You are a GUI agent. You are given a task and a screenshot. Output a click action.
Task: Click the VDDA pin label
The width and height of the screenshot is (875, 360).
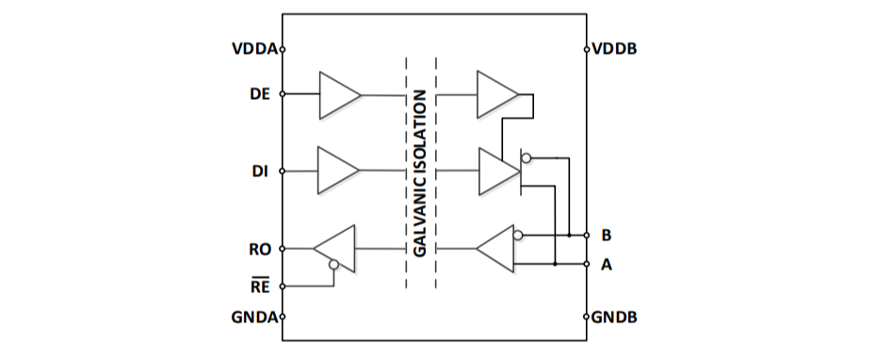coord(254,49)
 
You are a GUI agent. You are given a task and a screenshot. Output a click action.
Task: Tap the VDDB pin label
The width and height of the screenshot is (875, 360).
coord(614,49)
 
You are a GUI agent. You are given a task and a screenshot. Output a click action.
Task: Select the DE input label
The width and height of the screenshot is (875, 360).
coord(260,94)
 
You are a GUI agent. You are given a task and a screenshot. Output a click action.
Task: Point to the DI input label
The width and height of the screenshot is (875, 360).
coord(260,172)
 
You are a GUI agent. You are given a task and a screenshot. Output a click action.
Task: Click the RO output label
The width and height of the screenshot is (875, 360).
coord(260,250)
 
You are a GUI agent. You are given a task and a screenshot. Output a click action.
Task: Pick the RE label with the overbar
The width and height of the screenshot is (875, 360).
coord(260,286)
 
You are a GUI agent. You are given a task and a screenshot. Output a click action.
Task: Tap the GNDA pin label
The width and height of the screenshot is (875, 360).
coord(254,317)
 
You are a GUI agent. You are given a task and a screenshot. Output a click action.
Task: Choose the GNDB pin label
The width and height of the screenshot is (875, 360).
coord(614,317)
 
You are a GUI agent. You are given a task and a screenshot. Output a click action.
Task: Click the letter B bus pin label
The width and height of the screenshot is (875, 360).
coord(606,236)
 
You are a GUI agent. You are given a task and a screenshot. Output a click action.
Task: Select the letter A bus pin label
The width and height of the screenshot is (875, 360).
coord(607,265)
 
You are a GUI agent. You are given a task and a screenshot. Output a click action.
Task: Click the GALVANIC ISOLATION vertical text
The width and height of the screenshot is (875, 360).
coord(420,173)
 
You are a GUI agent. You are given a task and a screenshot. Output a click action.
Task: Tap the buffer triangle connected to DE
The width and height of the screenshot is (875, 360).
coord(340,95)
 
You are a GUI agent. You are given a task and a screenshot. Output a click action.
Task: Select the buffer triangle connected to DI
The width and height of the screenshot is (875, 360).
coord(339,171)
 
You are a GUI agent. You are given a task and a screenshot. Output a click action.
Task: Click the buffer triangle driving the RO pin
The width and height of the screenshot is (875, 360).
coord(334,249)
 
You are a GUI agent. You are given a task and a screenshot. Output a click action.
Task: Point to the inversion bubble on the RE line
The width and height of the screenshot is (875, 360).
coord(333,265)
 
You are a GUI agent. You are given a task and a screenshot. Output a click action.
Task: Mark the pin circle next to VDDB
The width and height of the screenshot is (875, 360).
coord(587,49)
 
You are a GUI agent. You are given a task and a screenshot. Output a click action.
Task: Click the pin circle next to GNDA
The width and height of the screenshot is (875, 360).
coord(283,317)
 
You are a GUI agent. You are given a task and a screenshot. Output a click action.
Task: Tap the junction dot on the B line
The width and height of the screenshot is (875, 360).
coord(569,235)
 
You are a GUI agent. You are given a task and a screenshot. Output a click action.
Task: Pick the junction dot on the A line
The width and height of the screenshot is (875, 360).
coord(555,264)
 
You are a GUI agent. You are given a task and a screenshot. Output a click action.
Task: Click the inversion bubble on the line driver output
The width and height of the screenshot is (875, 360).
coord(526,158)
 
